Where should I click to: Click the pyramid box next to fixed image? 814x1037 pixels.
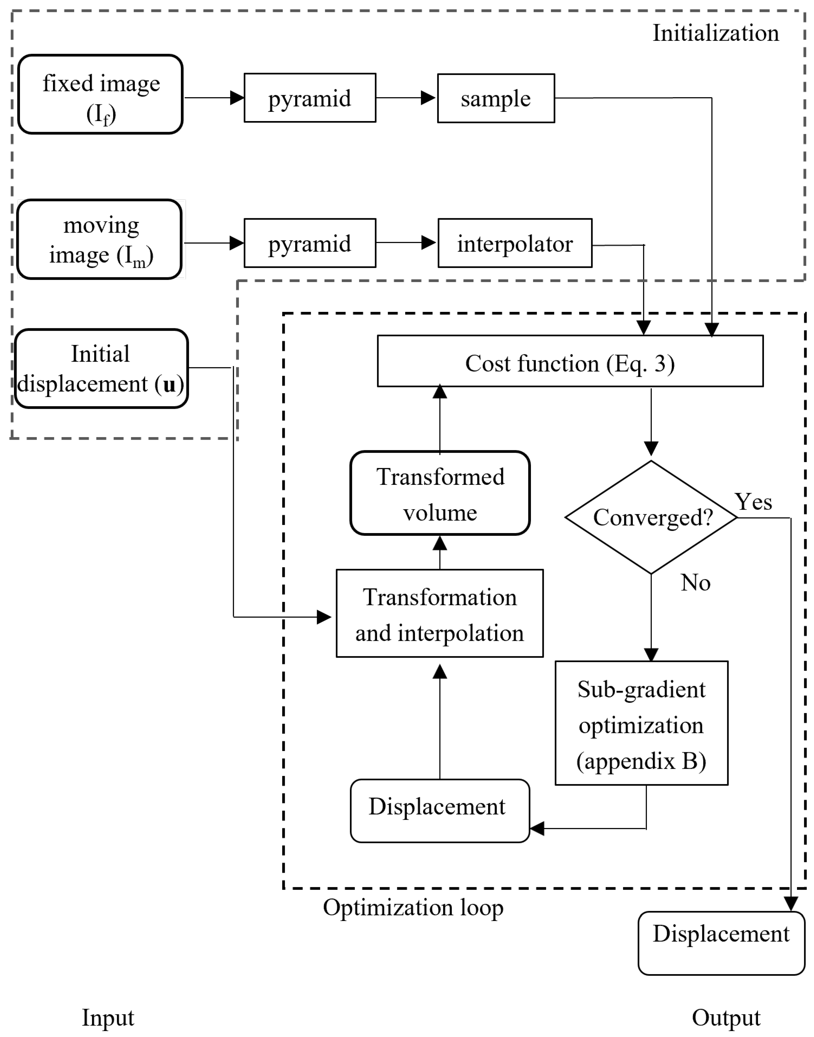(310, 98)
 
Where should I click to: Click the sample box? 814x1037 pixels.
(496, 98)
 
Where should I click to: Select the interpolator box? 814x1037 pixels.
(515, 243)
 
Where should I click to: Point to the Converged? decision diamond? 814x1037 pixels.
(651, 517)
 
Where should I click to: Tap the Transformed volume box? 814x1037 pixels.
(440, 493)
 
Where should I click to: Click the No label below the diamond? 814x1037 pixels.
(695, 583)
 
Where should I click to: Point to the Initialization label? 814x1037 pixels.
(715, 33)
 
